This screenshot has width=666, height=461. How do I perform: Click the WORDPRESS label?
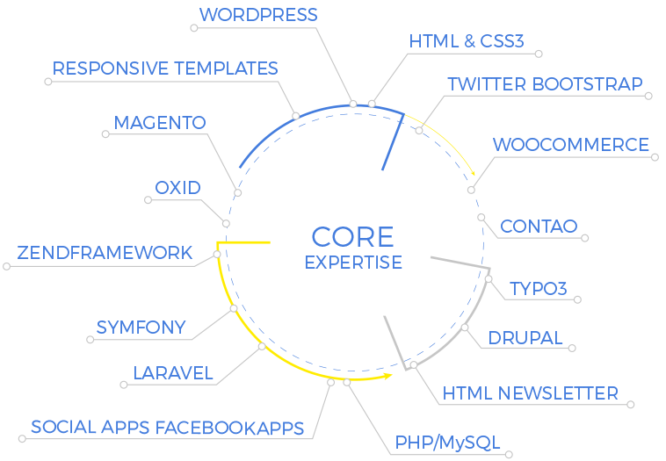[258, 15]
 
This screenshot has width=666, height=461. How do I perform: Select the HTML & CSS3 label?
[467, 41]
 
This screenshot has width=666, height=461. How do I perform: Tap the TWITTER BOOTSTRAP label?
[545, 84]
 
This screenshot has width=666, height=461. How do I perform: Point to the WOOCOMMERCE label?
[571, 145]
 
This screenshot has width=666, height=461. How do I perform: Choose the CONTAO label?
[539, 227]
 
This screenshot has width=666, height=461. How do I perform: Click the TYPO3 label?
[538, 289]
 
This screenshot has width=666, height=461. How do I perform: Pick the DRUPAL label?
[525, 338]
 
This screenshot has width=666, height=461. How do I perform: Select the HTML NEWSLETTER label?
[530, 393]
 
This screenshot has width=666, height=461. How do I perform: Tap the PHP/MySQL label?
[447, 443]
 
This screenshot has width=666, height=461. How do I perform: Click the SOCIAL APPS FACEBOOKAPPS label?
[167, 428]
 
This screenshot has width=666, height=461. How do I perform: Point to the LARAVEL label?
[173, 373]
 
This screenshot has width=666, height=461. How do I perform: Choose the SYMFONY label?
[141, 328]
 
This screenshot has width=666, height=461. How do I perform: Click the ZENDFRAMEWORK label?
[105, 253]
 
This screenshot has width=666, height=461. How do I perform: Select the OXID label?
[177, 188]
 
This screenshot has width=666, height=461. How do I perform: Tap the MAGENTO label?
[160, 123]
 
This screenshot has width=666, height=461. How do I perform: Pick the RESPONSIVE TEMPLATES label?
[165, 68]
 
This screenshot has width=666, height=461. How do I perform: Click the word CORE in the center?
[352, 237]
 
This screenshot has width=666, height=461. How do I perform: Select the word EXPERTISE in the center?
[353, 263]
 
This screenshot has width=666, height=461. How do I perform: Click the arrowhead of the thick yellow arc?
[387, 376]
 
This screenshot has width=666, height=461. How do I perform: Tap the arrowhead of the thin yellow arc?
[473, 173]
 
